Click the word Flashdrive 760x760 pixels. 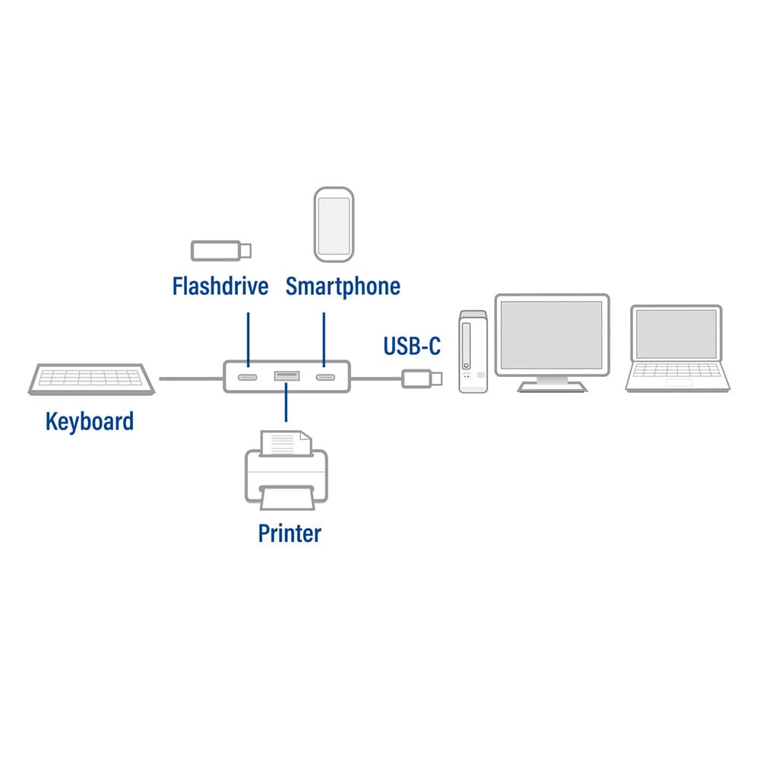220,287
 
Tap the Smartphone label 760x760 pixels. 343,287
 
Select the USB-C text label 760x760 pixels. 412,347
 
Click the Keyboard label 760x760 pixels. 90,421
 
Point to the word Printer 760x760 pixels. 290,533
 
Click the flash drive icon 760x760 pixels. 220,249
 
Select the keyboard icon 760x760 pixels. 93,378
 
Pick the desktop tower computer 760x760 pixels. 472,351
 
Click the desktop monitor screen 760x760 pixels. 552,334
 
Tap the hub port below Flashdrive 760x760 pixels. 248,377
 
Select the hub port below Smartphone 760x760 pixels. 325,377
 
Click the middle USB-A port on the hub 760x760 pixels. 286,375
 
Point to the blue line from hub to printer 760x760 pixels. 286,403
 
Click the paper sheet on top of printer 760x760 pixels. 285,443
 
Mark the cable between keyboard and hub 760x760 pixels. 190,378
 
